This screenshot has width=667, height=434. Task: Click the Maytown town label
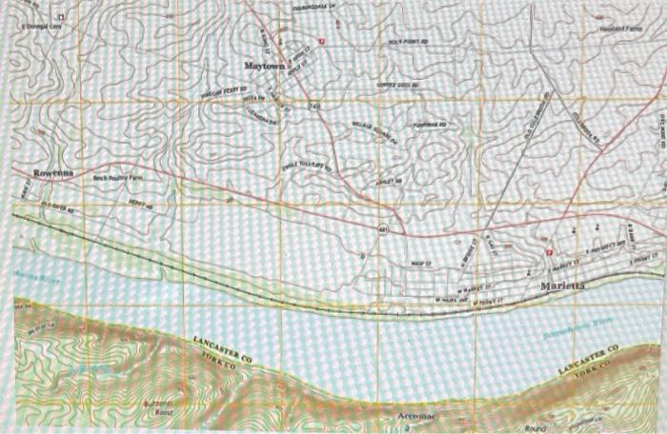263,66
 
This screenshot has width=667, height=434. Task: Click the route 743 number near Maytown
313,107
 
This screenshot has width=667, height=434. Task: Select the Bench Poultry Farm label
115,178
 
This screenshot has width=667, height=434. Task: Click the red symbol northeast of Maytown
322,41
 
